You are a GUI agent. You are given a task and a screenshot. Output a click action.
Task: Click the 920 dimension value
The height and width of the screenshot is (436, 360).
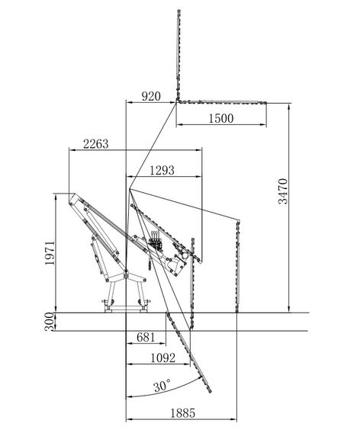[151, 96]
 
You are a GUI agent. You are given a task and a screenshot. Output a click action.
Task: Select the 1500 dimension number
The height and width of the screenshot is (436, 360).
[221, 118]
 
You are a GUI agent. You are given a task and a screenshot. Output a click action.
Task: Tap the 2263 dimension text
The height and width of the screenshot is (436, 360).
[95, 144]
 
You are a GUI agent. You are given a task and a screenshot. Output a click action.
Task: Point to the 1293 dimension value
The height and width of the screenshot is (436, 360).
[162, 170]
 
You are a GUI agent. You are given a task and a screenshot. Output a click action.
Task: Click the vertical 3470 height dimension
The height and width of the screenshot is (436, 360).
[283, 191]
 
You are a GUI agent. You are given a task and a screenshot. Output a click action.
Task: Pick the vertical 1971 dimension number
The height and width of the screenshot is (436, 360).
[50, 253]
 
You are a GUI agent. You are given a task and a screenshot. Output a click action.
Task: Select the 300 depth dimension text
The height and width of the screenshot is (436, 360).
[49, 322]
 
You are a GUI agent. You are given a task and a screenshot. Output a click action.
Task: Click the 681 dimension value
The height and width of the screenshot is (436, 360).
[146, 337]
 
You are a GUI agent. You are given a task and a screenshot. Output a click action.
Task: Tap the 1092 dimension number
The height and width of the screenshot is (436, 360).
[163, 357]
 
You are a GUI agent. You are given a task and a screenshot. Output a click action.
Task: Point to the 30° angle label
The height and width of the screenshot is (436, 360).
[162, 386]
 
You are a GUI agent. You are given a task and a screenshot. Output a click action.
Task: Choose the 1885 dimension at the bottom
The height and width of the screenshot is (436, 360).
[182, 413]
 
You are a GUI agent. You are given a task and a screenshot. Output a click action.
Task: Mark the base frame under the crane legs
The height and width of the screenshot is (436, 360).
[126, 309]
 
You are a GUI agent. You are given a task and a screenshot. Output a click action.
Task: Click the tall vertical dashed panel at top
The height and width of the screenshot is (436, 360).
[178, 55]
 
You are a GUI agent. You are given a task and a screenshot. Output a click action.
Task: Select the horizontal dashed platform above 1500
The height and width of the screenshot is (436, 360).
[221, 102]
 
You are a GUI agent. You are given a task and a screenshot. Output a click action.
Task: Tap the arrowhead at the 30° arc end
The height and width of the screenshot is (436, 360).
[200, 378]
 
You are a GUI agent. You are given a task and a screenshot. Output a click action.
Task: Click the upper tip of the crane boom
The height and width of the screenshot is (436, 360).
[74, 194]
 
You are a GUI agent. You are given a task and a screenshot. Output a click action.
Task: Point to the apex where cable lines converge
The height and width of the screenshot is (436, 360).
[130, 189]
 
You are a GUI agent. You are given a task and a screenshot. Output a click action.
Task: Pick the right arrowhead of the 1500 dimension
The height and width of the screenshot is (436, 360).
[263, 124]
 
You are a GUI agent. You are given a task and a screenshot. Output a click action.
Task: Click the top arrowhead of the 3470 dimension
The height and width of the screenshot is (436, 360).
[289, 107]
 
